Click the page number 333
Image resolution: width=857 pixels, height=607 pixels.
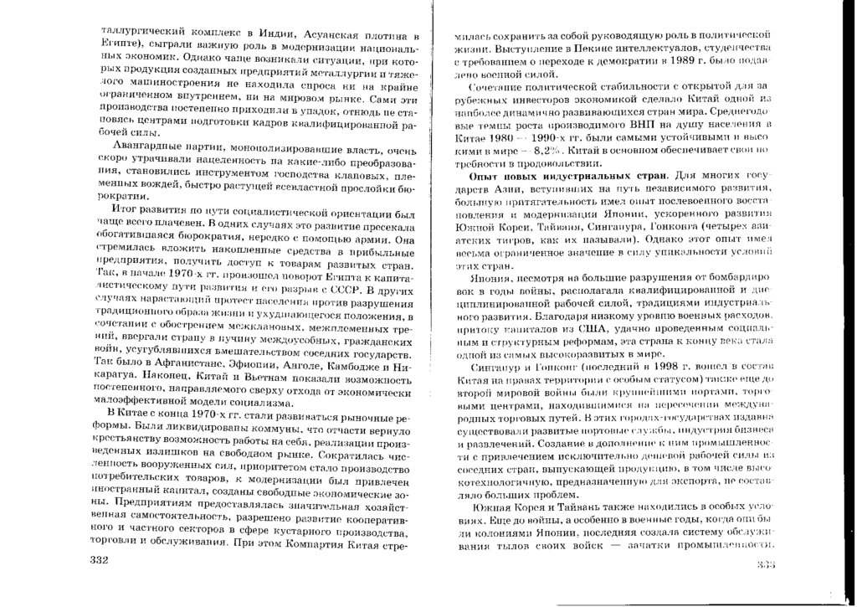(767, 564)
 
